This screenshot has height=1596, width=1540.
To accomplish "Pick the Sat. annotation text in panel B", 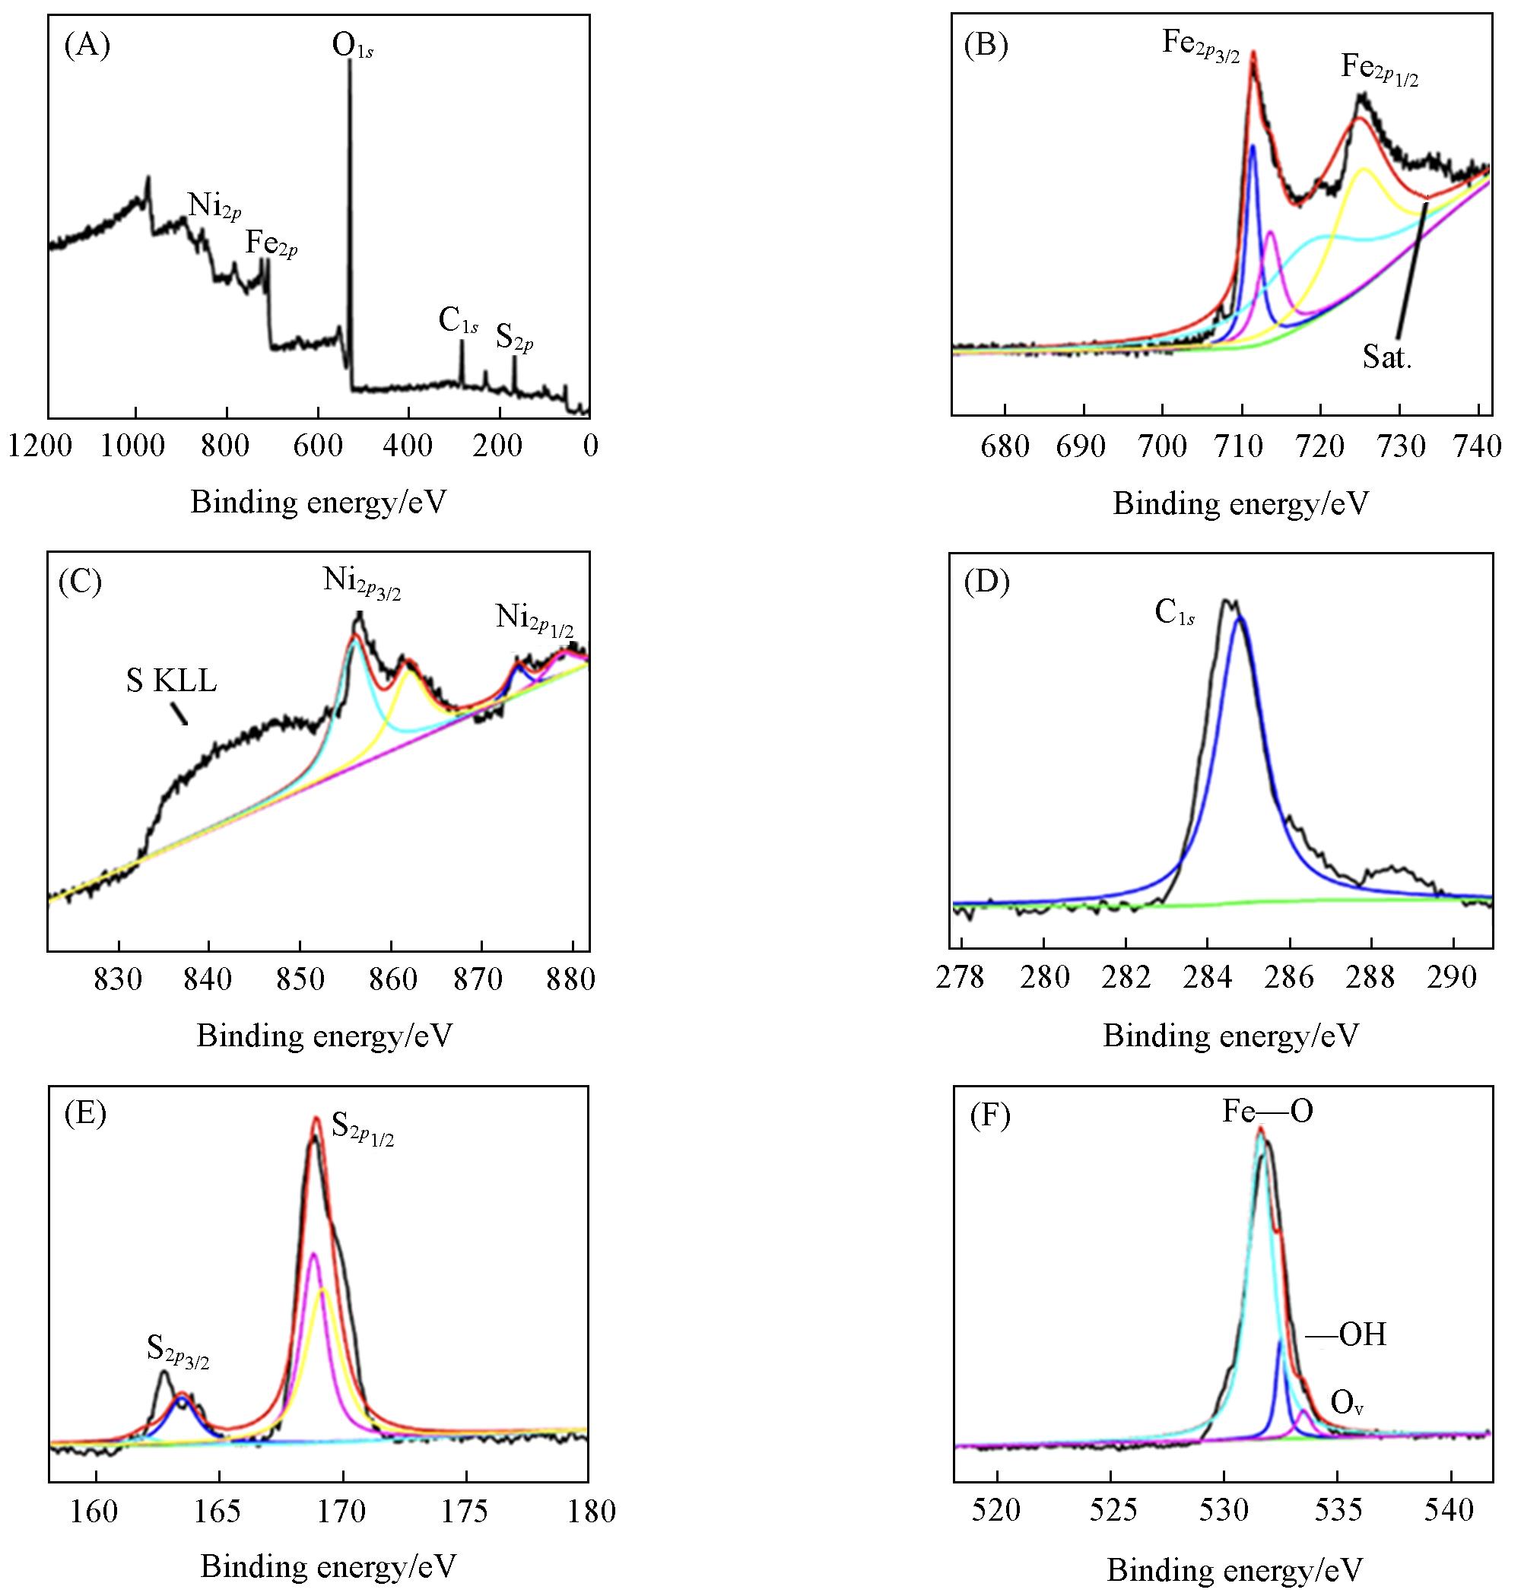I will click(1386, 357).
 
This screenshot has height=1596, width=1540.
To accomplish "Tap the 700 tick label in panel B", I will click(1162, 446).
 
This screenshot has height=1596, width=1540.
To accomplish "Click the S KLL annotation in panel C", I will click(171, 681).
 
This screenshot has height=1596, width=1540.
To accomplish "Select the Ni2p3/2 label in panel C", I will click(360, 583).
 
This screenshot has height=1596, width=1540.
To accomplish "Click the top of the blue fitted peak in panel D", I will click(1240, 618).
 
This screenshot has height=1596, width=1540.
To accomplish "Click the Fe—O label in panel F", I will click(1267, 1112).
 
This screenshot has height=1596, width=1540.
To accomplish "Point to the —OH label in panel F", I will click(1345, 1334).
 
